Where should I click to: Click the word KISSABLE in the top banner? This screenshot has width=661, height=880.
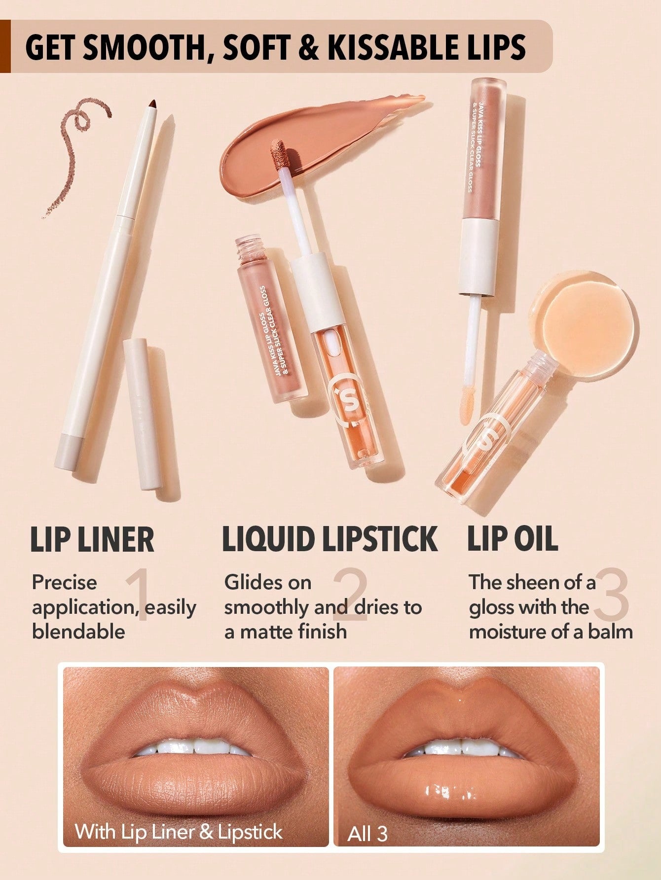point(380,48)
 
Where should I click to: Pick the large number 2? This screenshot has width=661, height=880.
point(351,595)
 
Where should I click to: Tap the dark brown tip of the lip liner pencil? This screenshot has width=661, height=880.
point(153,104)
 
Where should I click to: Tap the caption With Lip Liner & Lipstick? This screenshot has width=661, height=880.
point(179,832)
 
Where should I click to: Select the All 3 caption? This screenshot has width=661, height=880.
point(367,834)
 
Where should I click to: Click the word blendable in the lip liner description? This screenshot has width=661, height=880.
point(78,632)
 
